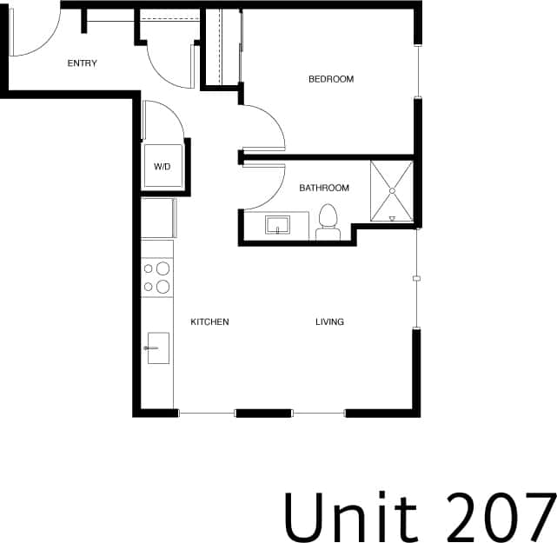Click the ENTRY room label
(83, 63)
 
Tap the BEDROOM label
(331, 80)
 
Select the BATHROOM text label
(324, 188)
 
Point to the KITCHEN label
(209, 322)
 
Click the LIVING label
(329, 322)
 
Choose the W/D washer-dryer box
(162, 165)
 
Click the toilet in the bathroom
(328, 222)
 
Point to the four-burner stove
(156, 277)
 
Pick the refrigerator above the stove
(157, 217)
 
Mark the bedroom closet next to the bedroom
(222, 48)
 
